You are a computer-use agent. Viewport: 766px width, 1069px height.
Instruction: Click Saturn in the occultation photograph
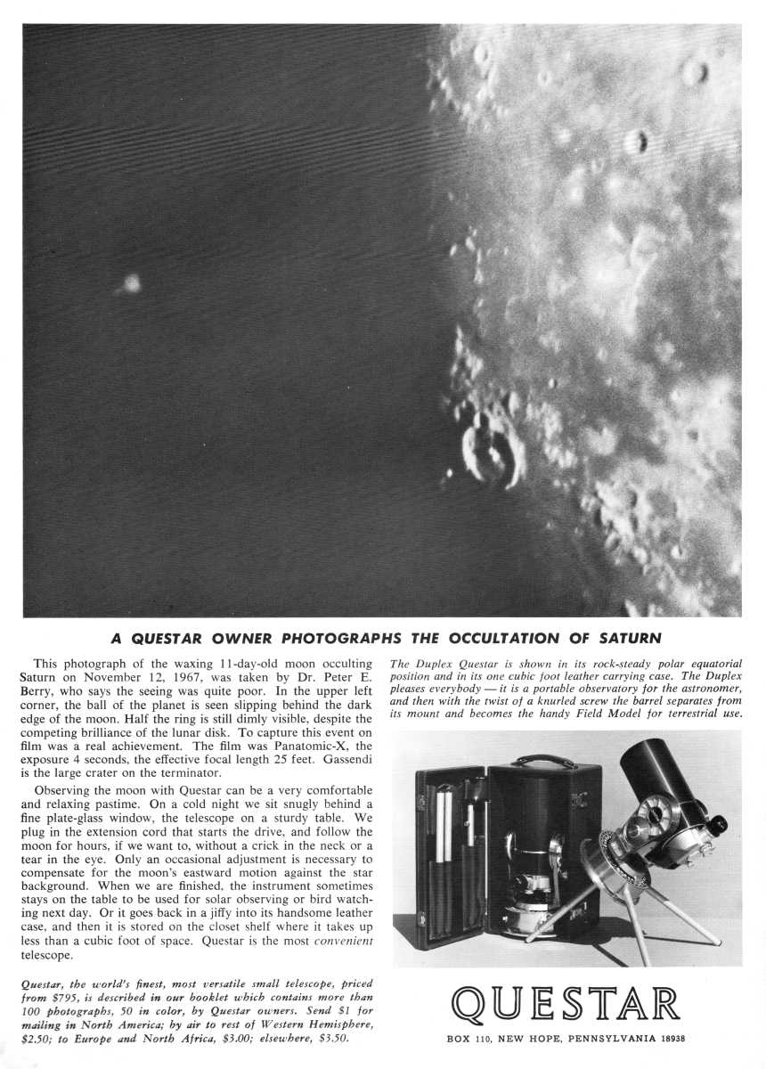pyautogui.click(x=131, y=283)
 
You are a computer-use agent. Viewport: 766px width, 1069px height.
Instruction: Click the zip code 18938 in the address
pyautogui.click(x=667, y=1039)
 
